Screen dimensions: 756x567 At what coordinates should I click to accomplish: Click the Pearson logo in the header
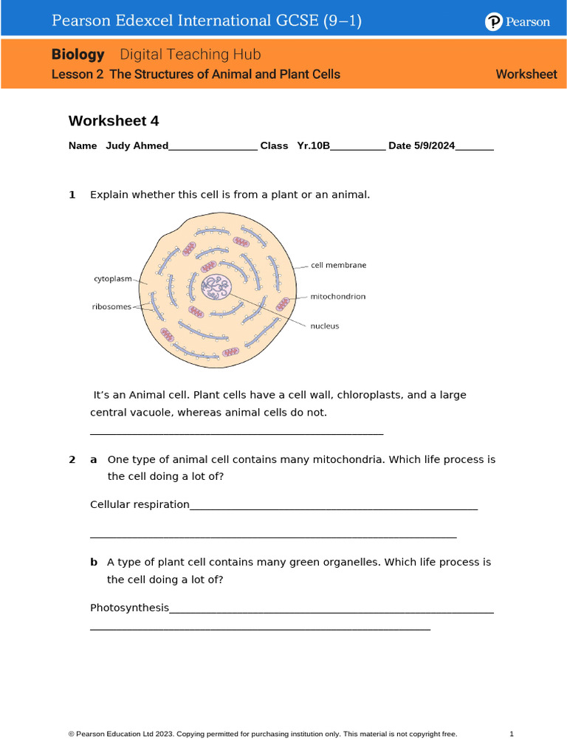click(517, 22)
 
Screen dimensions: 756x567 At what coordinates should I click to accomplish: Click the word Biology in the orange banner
click(78, 55)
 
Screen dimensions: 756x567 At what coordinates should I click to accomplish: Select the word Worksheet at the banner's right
click(526, 74)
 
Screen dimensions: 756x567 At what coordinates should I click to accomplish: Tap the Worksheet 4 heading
click(114, 121)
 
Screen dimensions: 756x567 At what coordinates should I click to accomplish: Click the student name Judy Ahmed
click(137, 146)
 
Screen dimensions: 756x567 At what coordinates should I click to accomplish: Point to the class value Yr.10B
click(313, 146)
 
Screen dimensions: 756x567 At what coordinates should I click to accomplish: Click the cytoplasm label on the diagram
click(112, 279)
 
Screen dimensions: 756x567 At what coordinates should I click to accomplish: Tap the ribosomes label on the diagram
click(111, 306)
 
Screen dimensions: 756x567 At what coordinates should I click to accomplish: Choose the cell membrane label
click(338, 265)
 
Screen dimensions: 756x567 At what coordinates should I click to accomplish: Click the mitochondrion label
click(337, 297)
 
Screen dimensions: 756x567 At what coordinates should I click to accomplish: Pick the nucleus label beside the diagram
click(324, 326)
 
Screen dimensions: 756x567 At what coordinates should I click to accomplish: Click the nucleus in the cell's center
click(217, 286)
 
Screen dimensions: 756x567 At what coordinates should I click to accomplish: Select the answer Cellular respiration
click(140, 504)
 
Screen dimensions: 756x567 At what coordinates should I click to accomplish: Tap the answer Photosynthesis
click(129, 608)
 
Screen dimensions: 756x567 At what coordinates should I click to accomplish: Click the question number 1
click(72, 195)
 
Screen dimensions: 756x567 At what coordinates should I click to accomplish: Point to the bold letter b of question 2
click(94, 563)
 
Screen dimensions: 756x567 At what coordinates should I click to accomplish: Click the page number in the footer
click(512, 734)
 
